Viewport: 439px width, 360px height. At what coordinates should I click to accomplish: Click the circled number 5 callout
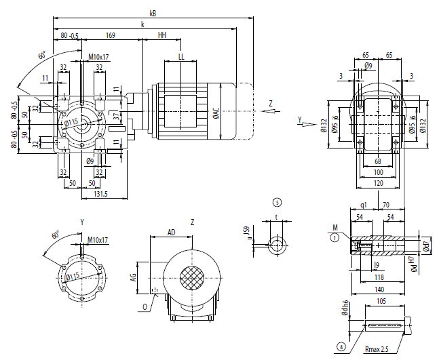tap(276, 202)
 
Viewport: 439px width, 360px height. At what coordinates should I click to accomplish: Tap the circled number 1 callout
tap(334, 237)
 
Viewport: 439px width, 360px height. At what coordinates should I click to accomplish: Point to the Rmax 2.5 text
tap(378, 348)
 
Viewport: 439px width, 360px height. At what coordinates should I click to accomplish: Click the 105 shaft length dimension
tap(381, 300)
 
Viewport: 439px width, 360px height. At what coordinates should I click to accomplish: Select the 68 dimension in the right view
tap(378, 161)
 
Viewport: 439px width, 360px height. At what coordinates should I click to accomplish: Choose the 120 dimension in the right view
tap(378, 182)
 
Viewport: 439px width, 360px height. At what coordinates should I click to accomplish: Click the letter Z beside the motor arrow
tap(270, 103)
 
